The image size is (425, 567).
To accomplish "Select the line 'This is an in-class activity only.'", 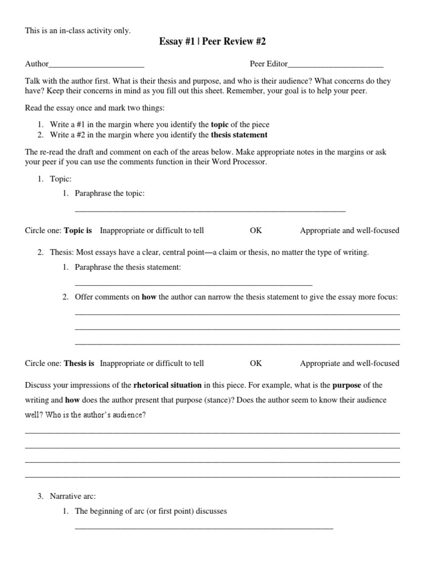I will pyautogui.click(x=78, y=30).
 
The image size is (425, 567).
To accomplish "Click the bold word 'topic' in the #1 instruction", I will pyautogui.click(x=220, y=125).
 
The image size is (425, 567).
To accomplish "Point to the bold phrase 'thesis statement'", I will pyautogui.click(x=239, y=135).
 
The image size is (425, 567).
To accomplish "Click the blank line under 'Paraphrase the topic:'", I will pyautogui.click(x=210, y=211).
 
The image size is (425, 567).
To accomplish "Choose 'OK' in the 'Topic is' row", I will pyautogui.click(x=256, y=230).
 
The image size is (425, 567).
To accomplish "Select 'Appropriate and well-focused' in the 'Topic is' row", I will pyautogui.click(x=349, y=230).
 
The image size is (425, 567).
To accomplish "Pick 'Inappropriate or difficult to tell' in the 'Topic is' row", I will pyautogui.click(x=152, y=230).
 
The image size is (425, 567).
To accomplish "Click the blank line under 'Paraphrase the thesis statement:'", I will pyautogui.click(x=193, y=284).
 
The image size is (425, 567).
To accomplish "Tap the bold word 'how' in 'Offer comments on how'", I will pyautogui.click(x=149, y=297).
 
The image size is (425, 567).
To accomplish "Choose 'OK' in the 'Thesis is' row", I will pyautogui.click(x=256, y=363).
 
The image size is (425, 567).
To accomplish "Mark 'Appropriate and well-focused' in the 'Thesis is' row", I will pyautogui.click(x=349, y=363).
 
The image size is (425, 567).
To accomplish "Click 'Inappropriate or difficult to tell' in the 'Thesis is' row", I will pyautogui.click(x=152, y=363).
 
